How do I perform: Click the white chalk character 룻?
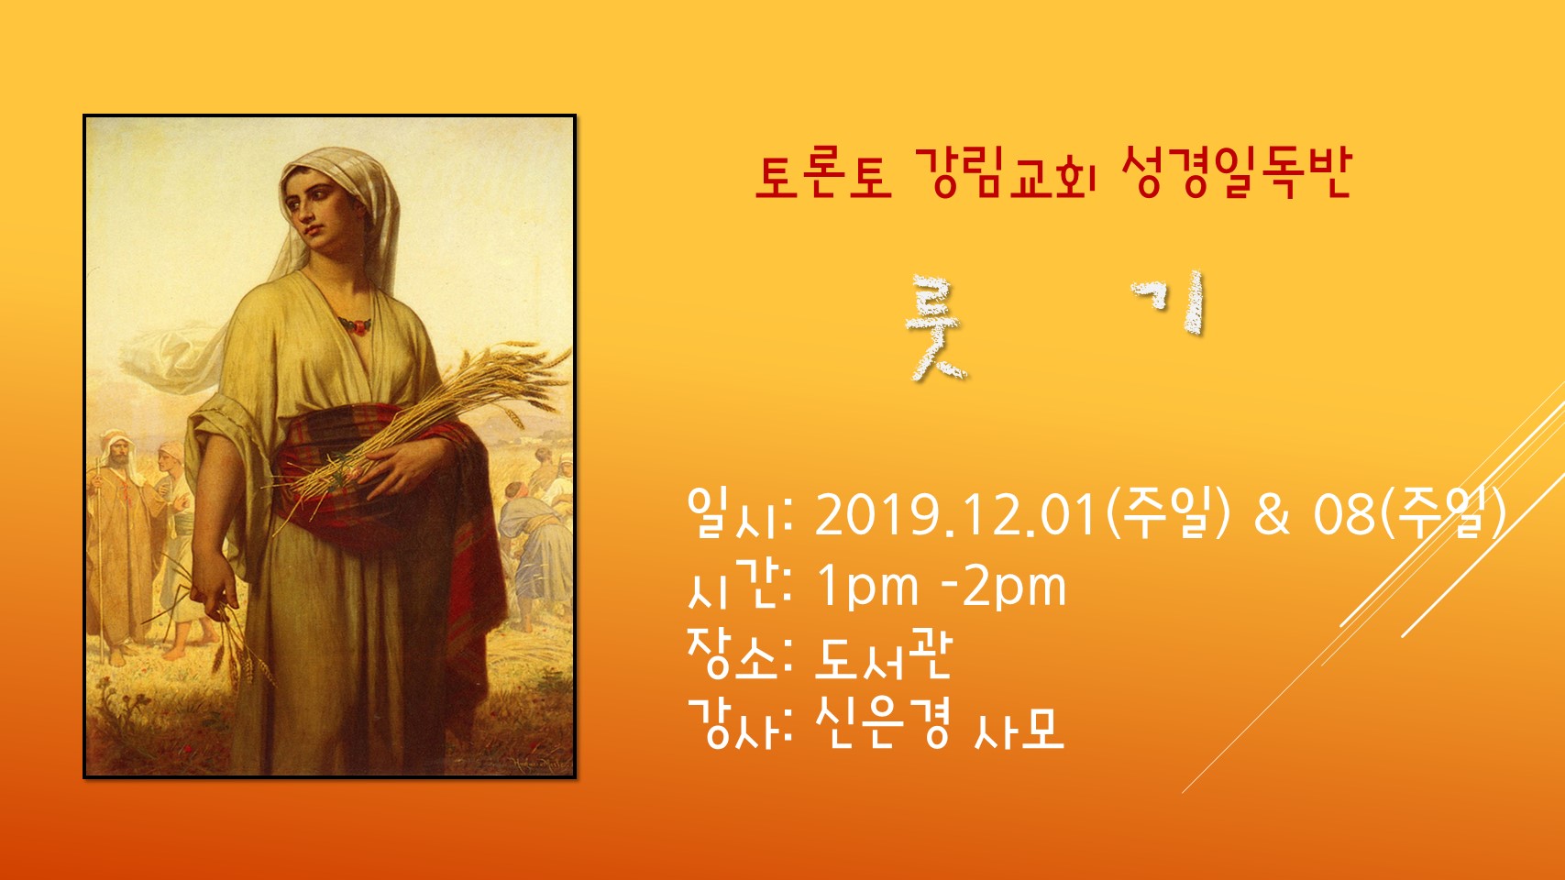pyautogui.click(x=935, y=328)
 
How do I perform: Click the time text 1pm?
pyautogui.click(x=867, y=588)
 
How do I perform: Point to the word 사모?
pyautogui.click(x=1019, y=730)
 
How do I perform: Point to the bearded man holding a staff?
pyautogui.click(x=122, y=544)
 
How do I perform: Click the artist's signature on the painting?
pyautogui.click(x=539, y=763)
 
